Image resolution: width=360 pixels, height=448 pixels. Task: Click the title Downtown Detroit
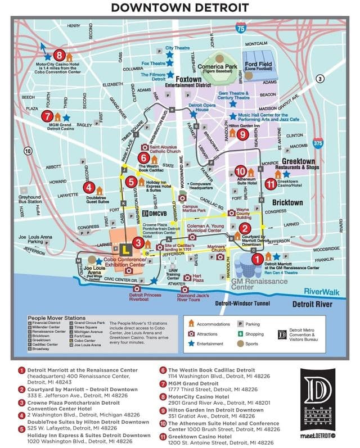pyautogui.click(x=180, y=7)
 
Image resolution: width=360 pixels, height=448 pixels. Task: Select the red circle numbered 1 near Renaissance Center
pyautogui.click(x=257, y=259)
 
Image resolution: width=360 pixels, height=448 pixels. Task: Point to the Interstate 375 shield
pyautogui.click(x=318, y=144)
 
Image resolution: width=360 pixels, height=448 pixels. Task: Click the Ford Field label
pyautogui.click(x=259, y=65)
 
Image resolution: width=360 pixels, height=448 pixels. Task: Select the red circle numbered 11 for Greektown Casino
pyautogui.click(x=271, y=183)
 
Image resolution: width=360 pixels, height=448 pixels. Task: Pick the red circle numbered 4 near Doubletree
pyautogui.click(x=89, y=188)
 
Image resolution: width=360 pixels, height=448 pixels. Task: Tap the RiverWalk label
pyautogui.click(x=318, y=292)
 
